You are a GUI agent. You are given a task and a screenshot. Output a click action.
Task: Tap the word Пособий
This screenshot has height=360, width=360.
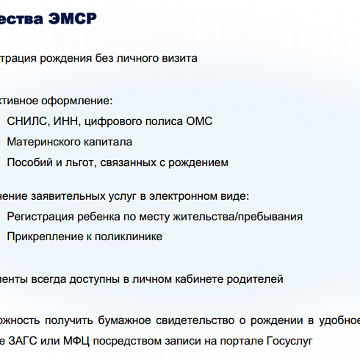[29, 162]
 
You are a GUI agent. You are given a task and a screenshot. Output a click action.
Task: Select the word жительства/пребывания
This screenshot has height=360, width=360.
[241, 217]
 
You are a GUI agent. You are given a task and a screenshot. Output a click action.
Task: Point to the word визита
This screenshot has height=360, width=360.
[180, 57]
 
